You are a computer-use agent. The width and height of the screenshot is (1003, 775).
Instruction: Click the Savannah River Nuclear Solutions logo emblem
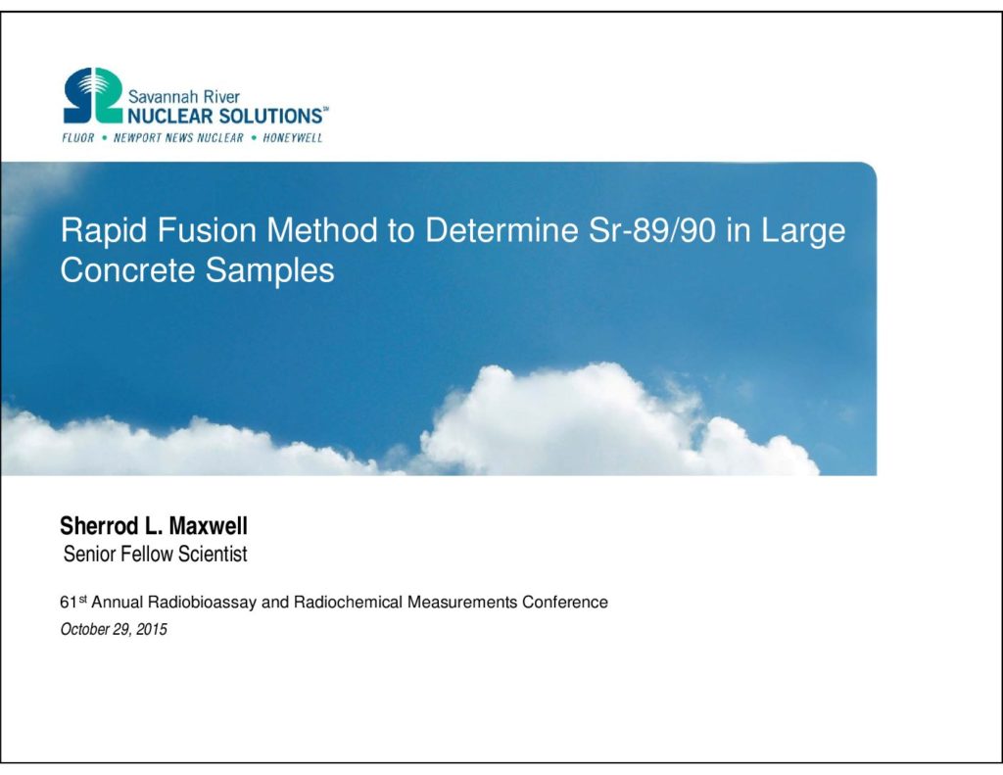pyautogui.click(x=93, y=95)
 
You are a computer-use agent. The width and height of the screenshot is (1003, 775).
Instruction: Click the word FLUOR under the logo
pyautogui.click(x=78, y=137)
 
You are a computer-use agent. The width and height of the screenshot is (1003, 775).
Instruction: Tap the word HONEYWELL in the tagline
pyautogui.click(x=292, y=137)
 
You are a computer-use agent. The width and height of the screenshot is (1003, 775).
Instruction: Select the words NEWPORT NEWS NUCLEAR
pyautogui.click(x=178, y=137)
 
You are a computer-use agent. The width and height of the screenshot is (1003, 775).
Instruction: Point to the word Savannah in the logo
pyautogui.click(x=156, y=97)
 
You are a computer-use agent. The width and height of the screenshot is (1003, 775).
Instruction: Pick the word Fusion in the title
pyautogui.click(x=207, y=229)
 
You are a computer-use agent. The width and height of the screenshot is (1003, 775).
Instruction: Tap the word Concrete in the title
pyautogui.click(x=127, y=269)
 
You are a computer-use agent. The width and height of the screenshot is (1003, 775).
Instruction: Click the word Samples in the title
pyautogui.click(x=269, y=270)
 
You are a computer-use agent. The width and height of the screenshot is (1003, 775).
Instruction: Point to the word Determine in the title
pyautogui.click(x=501, y=229)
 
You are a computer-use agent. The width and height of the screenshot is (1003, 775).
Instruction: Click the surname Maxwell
pyautogui.click(x=208, y=526)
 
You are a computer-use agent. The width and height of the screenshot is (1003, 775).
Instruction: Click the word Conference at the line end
pyautogui.click(x=565, y=603)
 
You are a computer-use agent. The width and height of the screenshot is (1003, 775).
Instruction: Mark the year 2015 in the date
pyautogui.click(x=152, y=629)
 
